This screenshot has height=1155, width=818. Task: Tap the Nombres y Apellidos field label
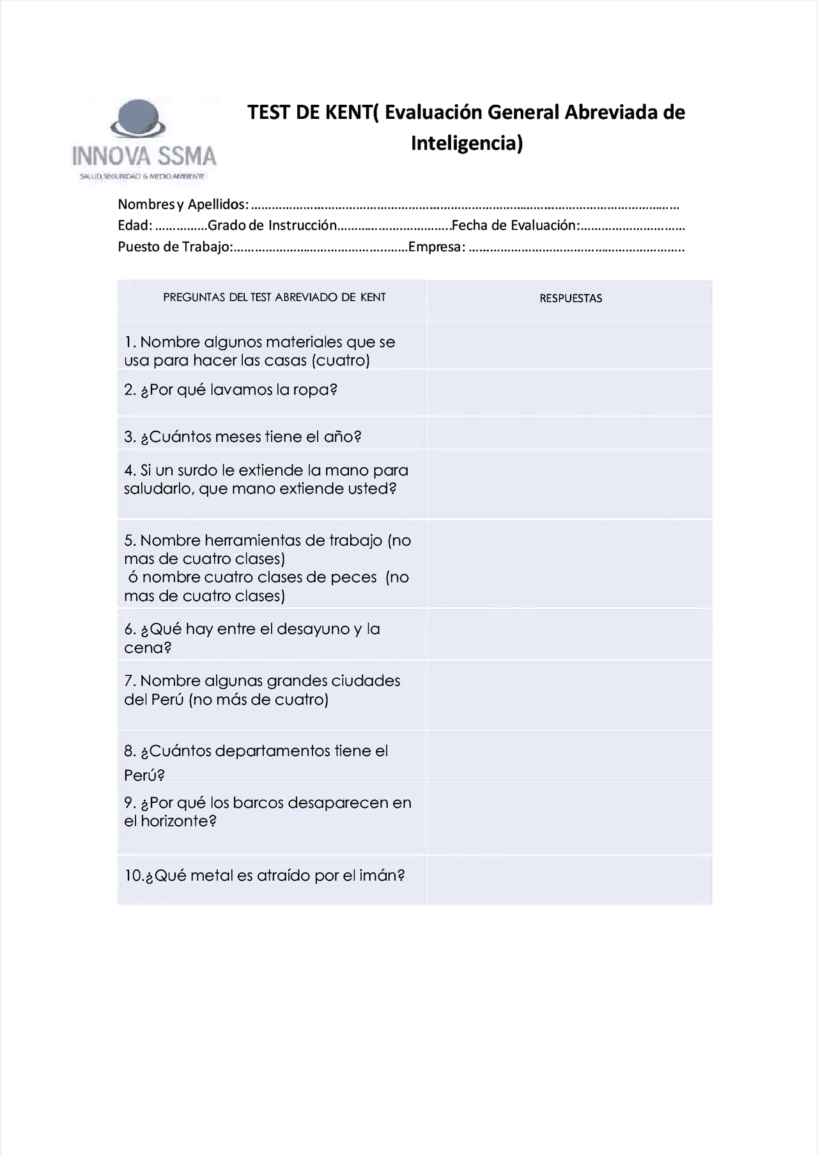[x=183, y=205]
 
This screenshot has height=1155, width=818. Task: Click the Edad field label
[x=135, y=226]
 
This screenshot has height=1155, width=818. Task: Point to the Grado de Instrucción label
[x=272, y=226]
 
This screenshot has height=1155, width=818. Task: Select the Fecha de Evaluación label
[x=515, y=226]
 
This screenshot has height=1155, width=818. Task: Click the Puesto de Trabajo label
[x=174, y=247]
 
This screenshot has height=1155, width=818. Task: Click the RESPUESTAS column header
[x=571, y=298]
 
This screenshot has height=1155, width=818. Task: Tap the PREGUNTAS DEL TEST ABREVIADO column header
[x=274, y=297]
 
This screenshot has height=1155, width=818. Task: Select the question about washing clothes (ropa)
[x=231, y=390]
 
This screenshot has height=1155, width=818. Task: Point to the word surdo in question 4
[x=197, y=470]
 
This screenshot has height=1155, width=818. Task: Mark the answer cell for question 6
[x=569, y=635]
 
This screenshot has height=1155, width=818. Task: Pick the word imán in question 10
[x=382, y=876]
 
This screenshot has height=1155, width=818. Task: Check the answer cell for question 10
[x=569, y=880]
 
